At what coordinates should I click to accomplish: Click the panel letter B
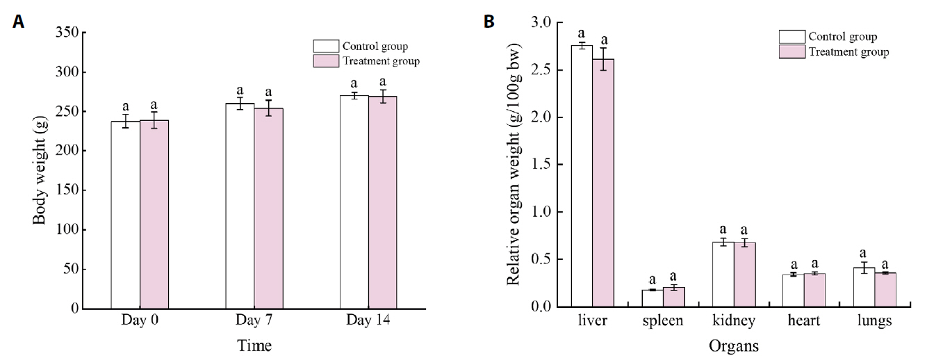[489, 22]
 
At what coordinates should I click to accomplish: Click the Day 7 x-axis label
[254, 323]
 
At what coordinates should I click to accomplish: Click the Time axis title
[254, 345]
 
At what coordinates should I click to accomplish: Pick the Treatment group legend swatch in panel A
[326, 61]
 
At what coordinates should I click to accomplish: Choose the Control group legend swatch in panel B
[791, 37]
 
